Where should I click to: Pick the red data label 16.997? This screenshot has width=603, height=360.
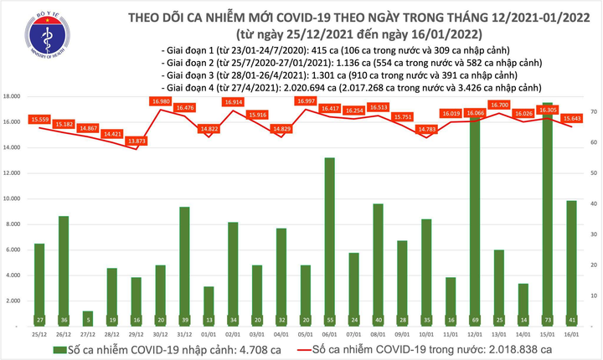pyautogui.click(x=306, y=101)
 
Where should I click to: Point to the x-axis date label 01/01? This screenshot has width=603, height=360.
pyautogui.click(x=185, y=335)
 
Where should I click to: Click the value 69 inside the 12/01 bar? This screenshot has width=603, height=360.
pyautogui.click(x=475, y=320)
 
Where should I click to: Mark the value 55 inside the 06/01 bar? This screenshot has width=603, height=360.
pyautogui.click(x=330, y=320)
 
